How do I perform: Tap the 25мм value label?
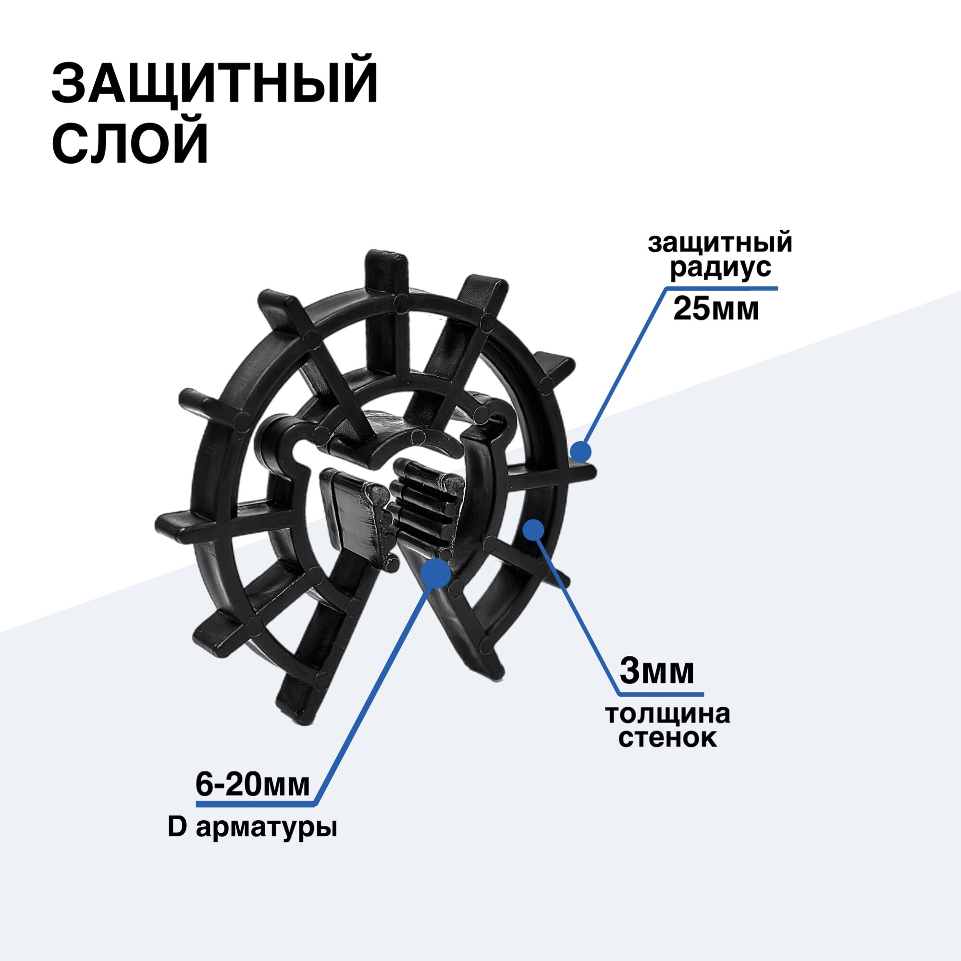(716, 309)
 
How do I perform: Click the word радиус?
(720, 268)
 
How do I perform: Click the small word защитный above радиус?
(720, 243)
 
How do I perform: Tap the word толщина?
(668, 715)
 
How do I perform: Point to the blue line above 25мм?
(721, 288)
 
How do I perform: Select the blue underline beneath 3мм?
(661, 693)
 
